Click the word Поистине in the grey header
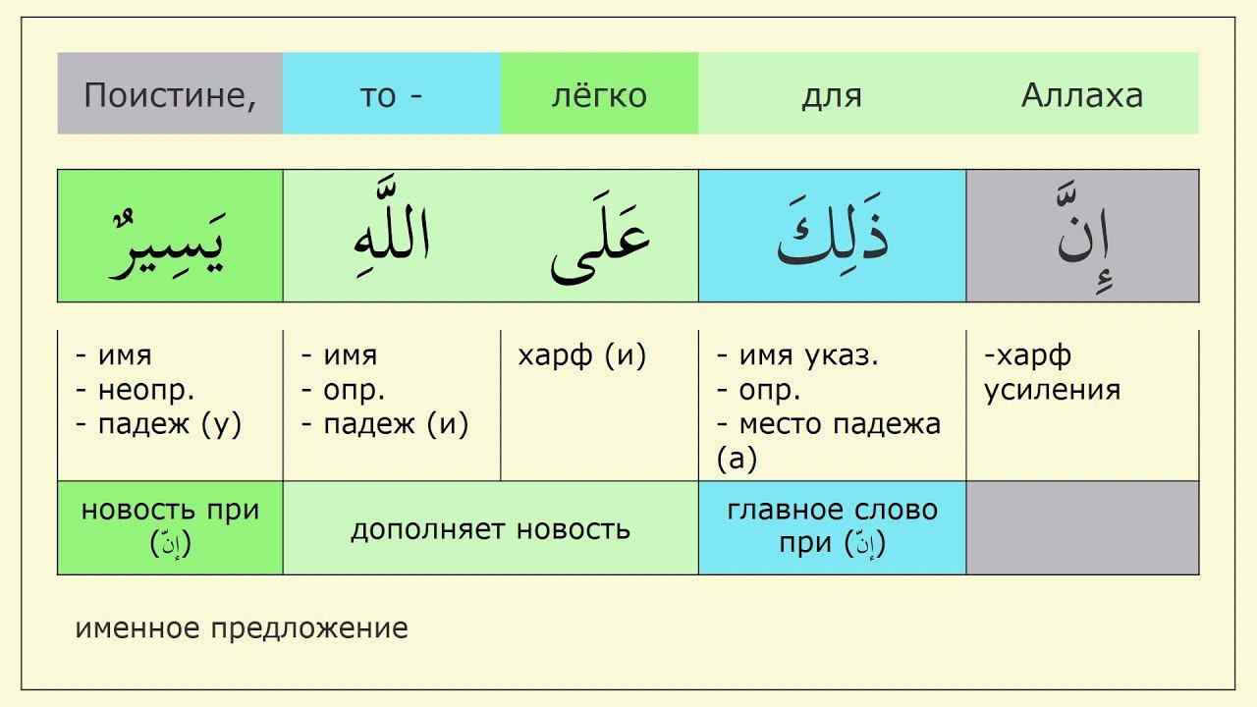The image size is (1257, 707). tap(169, 95)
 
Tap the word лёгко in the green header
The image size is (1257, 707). tap(599, 95)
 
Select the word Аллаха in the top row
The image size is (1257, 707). tap(1082, 95)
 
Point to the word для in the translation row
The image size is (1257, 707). tap(831, 95)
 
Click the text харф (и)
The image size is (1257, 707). tap(581, 355)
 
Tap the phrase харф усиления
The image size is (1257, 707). tap(1052, 372)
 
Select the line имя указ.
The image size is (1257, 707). tap(797, 355)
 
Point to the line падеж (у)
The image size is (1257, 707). tap(158, 424)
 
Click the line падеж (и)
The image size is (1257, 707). tap(384, 424)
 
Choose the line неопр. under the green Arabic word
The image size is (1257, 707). tap(135, 390)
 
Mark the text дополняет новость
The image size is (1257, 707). tap(490, 529)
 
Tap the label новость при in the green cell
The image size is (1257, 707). tap(170, 510)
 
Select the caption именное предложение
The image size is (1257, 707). tap(242, 628)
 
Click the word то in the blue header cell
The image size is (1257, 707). tap(377, 95)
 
